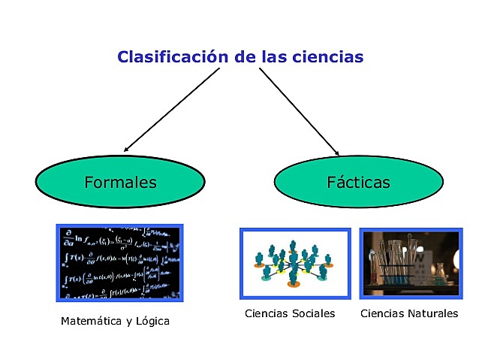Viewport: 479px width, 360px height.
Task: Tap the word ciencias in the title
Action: pos(330,56)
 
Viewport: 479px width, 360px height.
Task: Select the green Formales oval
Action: pos(120,183)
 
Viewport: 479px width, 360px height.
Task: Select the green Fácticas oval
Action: pos(358,183)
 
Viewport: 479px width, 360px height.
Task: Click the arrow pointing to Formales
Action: pos(173,109)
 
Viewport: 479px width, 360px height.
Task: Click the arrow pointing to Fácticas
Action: pos(298,109)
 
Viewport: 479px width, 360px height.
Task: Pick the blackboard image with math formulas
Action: pos(120,263)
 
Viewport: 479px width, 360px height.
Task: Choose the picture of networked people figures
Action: pos(294,263)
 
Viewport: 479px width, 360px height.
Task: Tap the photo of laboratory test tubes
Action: pos(411,263)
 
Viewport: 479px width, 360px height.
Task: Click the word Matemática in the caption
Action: pos(91,322)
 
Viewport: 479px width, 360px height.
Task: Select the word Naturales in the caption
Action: pos(432,313)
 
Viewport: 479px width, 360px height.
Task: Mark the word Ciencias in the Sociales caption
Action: pos(267,313)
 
